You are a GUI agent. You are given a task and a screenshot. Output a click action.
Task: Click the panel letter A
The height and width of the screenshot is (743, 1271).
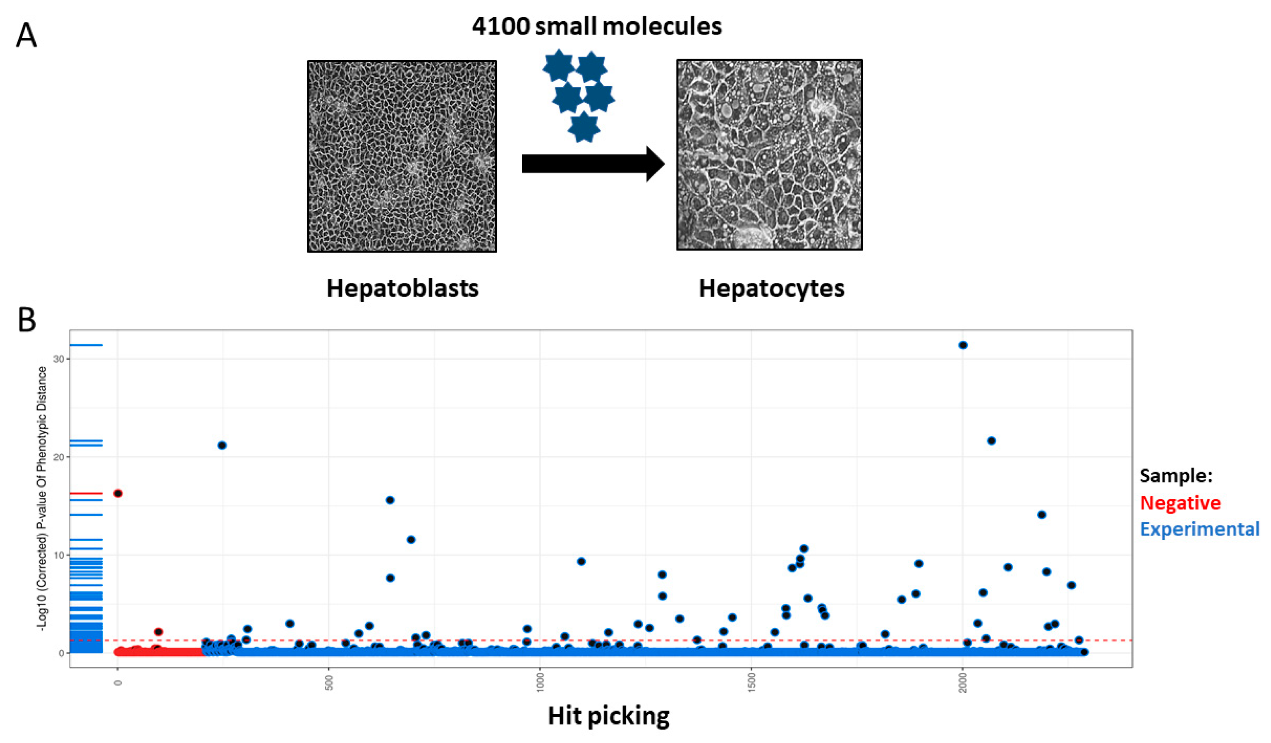coord(26,36)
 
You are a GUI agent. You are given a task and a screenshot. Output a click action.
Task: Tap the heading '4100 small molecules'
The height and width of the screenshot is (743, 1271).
coord(597,26)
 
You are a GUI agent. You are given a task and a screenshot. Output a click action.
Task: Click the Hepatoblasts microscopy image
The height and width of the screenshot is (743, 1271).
coord(402,156)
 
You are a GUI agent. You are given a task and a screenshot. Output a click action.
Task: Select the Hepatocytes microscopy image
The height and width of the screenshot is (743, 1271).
coord(769,155)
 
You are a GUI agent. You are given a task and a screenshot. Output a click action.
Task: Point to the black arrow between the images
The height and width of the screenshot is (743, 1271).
coord(593,164)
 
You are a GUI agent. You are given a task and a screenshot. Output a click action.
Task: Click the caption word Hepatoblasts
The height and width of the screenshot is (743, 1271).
coord(403,288)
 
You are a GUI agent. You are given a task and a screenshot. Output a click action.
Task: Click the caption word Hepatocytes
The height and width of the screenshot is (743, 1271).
coord(771,288)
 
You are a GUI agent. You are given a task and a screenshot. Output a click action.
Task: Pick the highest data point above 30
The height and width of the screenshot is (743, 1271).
coord(962,345)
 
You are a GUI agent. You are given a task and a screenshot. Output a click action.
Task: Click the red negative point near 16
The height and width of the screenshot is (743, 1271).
coord(118,493)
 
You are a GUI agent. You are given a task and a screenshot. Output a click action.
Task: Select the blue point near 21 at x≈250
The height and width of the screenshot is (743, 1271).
coord(222,445)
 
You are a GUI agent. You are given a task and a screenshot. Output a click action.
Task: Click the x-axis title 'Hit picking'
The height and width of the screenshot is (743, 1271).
coord(609,716)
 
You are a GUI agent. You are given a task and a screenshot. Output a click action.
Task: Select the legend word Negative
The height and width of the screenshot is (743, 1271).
coord(1180,503)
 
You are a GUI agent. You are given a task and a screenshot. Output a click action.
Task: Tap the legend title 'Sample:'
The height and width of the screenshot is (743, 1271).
coord(1176,475)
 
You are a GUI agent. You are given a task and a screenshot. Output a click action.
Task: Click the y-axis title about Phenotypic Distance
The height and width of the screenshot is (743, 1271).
coord(43,499)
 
